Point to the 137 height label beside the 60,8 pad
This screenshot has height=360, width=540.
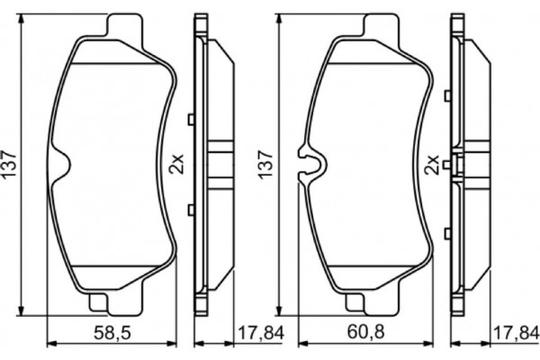click(265, 165)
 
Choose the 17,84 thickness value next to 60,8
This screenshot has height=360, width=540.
click(512, 335)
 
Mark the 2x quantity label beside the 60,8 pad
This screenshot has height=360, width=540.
click(431, 165)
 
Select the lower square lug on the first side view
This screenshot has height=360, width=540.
click(190, 211)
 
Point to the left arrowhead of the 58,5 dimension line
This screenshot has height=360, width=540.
click(49, 344)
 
